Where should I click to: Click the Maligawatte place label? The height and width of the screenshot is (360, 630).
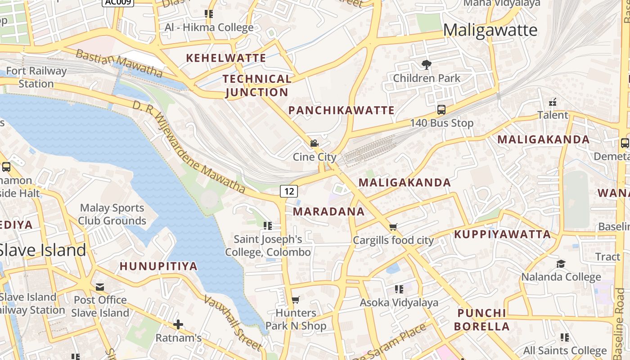[490, 30]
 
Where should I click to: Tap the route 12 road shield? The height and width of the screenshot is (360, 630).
[289, 191]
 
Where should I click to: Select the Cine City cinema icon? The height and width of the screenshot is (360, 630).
[314, 144]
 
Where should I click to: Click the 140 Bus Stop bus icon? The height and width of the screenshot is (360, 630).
[441, 109]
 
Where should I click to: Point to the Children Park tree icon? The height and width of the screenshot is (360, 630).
[426, 65]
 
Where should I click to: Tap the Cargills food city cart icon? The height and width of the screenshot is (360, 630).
[393, 227]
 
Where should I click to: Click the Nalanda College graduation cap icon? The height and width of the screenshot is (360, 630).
[561, 263]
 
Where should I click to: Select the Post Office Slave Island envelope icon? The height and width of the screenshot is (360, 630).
[100, 287]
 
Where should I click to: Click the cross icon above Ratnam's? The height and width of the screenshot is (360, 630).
[178, 324]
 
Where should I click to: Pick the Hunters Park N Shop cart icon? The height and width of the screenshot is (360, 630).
[296, 300]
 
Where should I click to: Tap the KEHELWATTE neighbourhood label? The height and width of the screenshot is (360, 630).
[226, 58]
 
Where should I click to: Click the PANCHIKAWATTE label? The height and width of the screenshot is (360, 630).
[342, 110]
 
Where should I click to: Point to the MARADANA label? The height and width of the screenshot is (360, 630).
[328, 211]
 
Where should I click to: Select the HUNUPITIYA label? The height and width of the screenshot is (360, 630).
[158, 266]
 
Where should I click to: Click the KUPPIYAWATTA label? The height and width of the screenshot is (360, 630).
[502, 234]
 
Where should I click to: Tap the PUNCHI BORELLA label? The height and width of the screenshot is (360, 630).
[482, 319]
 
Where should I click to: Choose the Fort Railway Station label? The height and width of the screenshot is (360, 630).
[36, 77]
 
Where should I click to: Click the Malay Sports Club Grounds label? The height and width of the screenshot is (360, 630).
[112, 214]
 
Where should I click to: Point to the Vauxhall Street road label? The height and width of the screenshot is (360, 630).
[233, 322]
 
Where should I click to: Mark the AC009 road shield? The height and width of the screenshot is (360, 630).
[118, 2]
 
